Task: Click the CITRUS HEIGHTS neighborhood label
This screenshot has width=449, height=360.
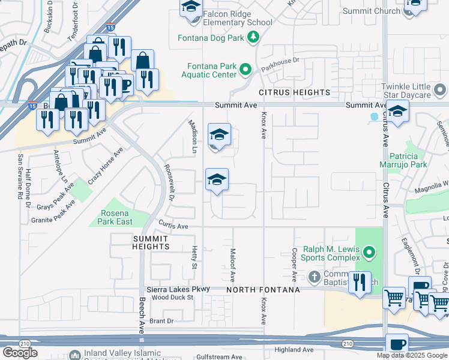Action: (x=295, y=92)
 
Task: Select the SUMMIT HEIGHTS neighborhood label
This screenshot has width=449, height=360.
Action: (x=142, y=242)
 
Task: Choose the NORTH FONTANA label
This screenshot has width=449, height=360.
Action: (x=264, y=290)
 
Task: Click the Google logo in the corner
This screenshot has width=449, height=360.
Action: (x=20, y=353)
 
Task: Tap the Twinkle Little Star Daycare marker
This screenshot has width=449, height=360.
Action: (x=440, y=91)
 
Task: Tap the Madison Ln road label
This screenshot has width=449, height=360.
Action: (x=193, y=136)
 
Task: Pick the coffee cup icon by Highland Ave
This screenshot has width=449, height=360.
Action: (x=397, y=344)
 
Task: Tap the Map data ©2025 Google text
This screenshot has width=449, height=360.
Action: (x=411, y=355)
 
